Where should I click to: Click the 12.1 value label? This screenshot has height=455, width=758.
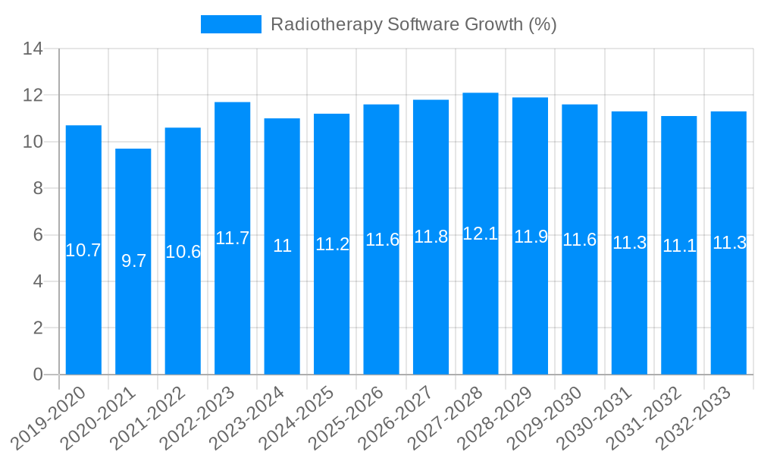481,234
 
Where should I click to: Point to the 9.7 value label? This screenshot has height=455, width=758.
133,261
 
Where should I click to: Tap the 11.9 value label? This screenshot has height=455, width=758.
531,236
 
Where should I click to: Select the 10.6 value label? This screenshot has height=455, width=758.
183,252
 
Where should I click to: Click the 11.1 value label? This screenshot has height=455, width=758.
679,246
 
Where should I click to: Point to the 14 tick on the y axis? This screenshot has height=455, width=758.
33,49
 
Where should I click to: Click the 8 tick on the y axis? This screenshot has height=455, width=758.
37,188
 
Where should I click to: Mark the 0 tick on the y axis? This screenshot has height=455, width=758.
37,375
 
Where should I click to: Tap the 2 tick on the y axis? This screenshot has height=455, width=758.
37,328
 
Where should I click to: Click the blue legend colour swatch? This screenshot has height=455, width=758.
230,24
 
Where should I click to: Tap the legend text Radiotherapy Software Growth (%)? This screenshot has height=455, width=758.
413,24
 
